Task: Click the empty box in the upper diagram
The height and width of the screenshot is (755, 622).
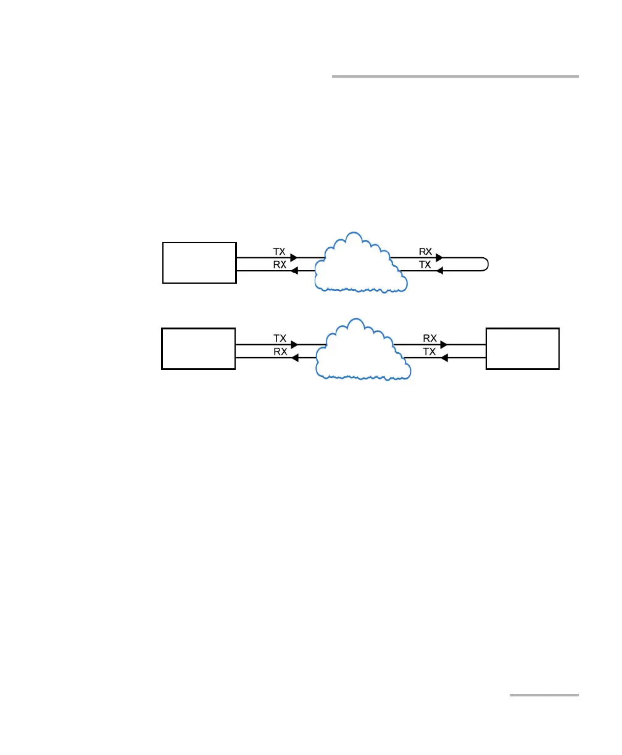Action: click(199, 262)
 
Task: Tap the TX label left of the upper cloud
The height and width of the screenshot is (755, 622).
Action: click(280, 252)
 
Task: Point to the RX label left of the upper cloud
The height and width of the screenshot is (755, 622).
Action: click(280, 265)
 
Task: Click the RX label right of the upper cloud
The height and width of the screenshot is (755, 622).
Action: click(426, 252)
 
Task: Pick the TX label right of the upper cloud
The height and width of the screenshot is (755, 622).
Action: click(426, 264)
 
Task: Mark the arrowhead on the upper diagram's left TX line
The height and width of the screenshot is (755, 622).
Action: click(294, 258)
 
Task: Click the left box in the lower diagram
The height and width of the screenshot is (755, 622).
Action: click(199, 349)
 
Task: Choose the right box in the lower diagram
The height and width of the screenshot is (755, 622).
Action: click(523, 349)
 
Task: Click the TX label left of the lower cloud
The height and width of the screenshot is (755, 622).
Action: click(280, 338)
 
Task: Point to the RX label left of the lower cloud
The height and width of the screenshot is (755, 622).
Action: click(280, 351)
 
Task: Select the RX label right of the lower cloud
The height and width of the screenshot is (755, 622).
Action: click(429, 338)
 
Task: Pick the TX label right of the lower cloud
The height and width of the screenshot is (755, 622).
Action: click(429, 351)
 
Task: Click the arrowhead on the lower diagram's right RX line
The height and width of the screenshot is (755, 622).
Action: click(444, 344)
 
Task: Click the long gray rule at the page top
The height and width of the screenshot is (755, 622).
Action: click(455, 76)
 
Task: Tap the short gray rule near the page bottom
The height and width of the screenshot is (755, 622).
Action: click(544, 695)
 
